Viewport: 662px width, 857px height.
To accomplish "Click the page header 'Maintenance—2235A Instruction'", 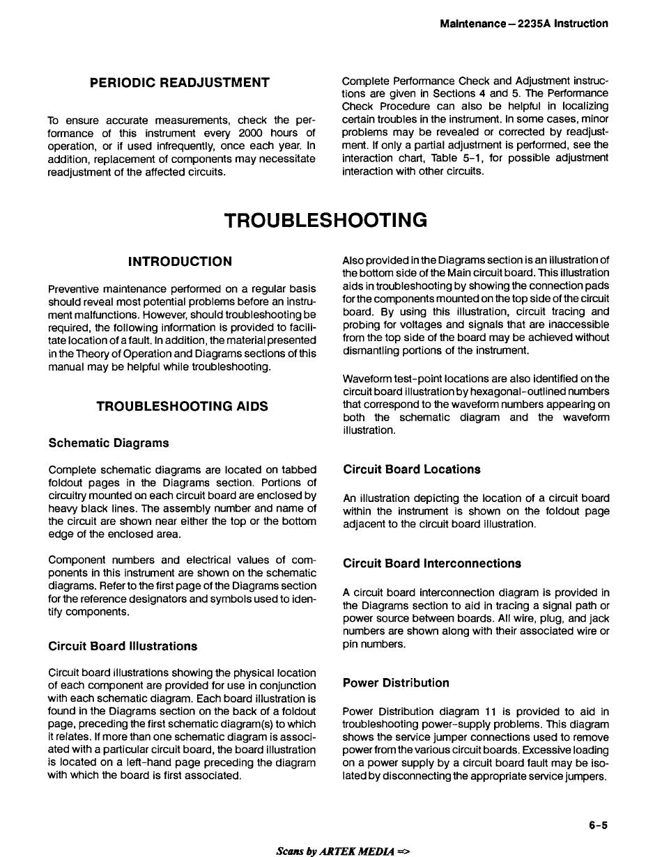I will pos(523,24).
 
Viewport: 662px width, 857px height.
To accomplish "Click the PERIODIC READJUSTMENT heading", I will pos(180,83).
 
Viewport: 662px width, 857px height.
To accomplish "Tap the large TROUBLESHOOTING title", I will pos(325,221).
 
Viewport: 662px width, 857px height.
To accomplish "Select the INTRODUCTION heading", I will pos(180,262).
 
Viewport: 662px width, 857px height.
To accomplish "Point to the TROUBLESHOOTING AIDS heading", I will pos(182,406).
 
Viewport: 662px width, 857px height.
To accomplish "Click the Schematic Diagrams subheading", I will pos(109,443).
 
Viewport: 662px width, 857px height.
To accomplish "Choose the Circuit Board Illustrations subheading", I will pos(123,646).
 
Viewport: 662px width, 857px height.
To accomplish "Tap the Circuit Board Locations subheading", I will pos(411,469).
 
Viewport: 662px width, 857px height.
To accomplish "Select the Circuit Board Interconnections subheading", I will pos(431,563).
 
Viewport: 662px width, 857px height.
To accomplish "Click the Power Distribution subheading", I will pos(396,683).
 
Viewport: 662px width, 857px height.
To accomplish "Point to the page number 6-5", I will pos(598,826).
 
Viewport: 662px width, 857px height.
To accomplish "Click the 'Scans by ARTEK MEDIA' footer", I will pos(343,851).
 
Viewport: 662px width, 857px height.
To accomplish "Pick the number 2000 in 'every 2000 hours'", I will pos(249,133).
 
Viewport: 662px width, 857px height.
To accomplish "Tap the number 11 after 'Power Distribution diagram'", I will pos(491,711).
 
